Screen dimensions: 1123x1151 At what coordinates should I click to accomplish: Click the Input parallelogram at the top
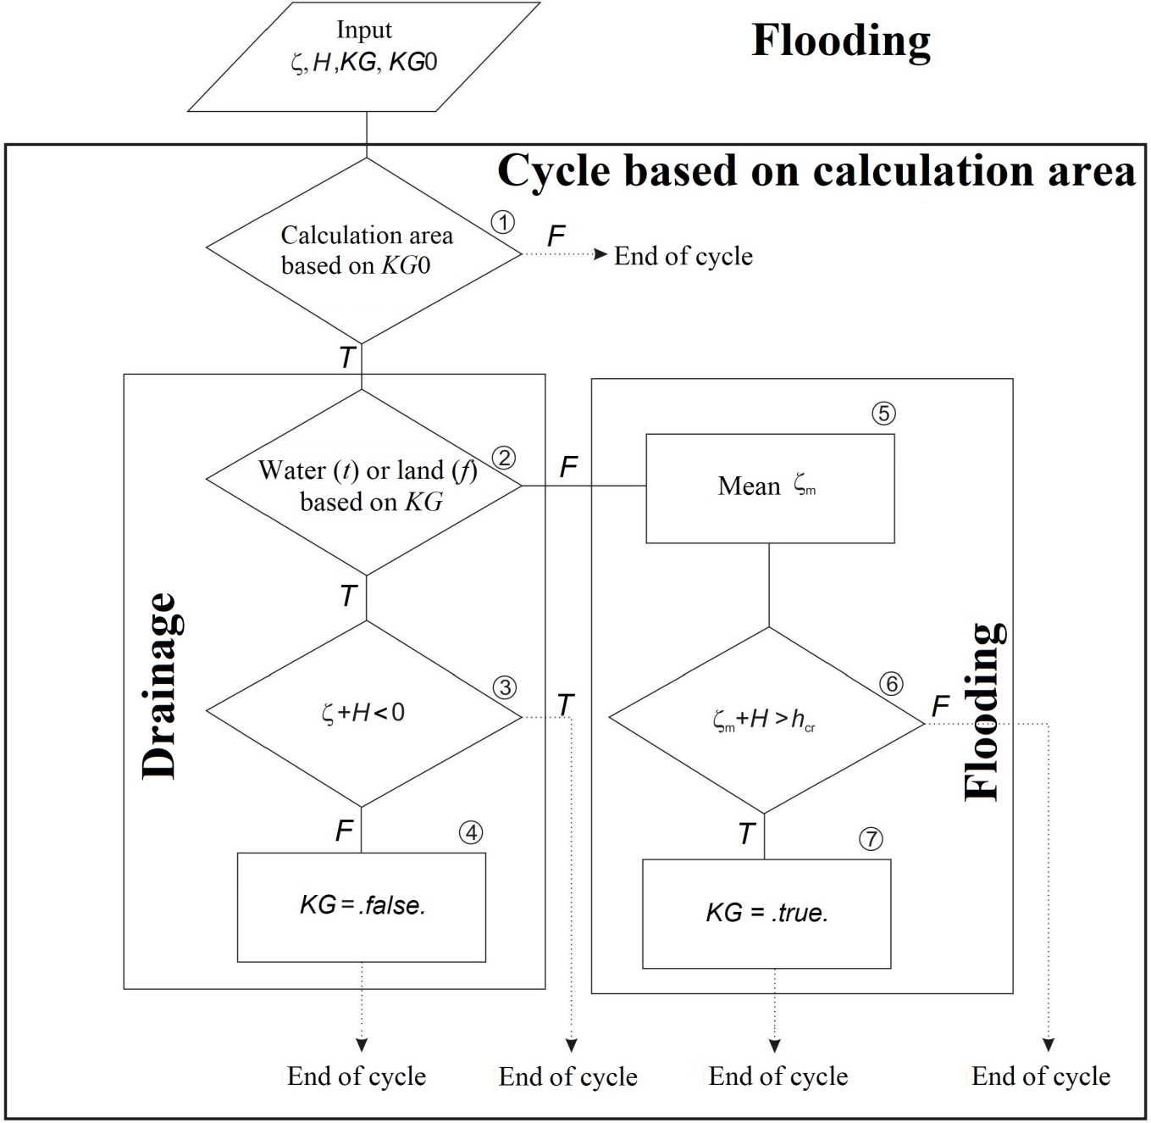[364, 57]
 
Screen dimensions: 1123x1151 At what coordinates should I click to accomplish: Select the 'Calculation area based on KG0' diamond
[364, 251]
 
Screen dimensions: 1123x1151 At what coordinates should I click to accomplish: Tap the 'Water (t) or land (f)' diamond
[364, 484]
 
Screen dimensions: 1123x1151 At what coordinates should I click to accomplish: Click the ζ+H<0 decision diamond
[364, 714]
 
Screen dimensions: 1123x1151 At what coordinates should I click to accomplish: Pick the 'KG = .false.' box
[362, 907]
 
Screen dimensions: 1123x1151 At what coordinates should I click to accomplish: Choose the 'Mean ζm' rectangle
[770, 488]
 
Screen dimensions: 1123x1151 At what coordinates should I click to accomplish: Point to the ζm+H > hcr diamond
[766, 720]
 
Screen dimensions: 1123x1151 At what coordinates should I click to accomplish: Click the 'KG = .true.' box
[766, 914]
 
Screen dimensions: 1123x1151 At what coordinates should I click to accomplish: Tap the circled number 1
[503, 223]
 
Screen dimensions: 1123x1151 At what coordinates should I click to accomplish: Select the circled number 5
[883, 414]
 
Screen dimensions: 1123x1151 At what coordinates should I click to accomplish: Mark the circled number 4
[471, 833]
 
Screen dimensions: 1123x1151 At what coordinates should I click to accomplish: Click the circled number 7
[871, 839]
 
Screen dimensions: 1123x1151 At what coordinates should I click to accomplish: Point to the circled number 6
[891, 684]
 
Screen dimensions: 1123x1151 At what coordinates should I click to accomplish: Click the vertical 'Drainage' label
[159, 687]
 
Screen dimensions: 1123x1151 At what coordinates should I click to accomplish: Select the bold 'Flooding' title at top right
[841, 40]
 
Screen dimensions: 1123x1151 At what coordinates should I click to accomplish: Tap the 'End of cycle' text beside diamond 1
[683, 256]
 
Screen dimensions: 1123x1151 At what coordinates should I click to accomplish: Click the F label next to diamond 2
[568, 466]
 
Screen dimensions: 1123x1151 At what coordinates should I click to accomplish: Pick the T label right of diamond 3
[565, 704]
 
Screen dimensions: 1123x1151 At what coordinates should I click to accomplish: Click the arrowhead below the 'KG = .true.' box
[774, 1046]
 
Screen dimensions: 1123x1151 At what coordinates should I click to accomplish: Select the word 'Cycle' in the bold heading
[555, 170]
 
